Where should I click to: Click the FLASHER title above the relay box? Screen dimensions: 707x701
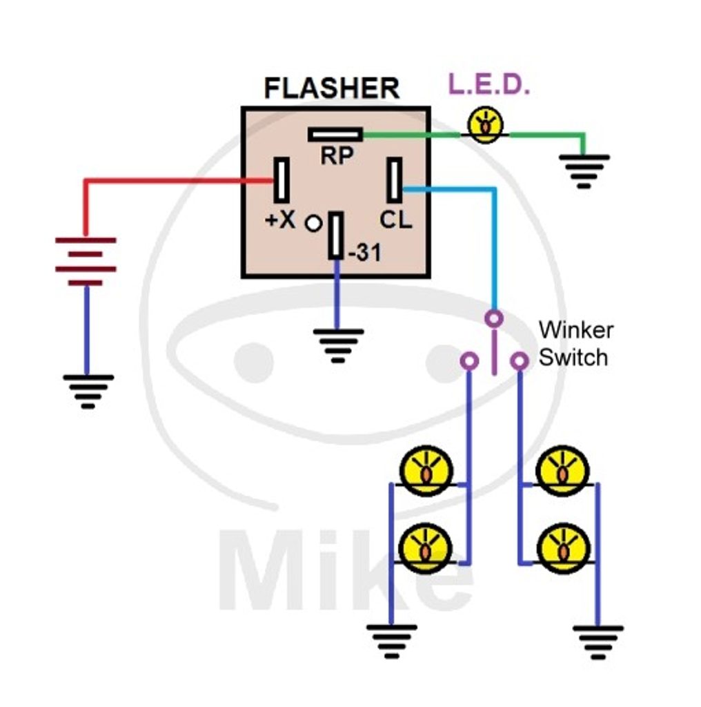[331, 89]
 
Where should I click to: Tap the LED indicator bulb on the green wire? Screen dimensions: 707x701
[486, 125]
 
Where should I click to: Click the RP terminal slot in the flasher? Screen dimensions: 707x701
[335, 134]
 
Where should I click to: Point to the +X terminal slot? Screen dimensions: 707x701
[282, 180]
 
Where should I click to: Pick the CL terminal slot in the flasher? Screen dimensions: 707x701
[394, 180]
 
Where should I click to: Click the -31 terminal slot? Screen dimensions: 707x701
[336, 235]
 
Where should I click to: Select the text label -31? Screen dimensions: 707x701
[364, 253]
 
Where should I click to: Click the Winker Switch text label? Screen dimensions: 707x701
[575, 344]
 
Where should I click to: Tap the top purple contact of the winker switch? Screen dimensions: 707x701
[493, 318]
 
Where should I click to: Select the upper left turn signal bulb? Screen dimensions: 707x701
[427, 471]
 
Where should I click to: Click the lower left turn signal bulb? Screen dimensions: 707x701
[427, 549]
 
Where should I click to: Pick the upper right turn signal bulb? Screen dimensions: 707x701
[563, 471]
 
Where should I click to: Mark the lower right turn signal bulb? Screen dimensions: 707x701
[563, 549]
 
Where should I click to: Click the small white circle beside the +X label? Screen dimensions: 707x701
[313, 223]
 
